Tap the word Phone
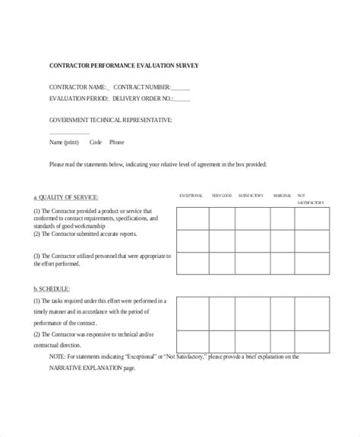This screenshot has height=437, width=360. click(116, 142)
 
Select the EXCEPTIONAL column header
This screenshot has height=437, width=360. click(191, 196)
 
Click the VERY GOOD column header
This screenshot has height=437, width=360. click(222, 196)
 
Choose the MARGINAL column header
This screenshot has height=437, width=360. click(283, 196)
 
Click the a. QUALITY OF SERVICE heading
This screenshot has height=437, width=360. click(65, 196)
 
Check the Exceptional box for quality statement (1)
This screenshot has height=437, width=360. click(192, 220)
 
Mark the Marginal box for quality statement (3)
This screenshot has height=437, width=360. click(285, 264)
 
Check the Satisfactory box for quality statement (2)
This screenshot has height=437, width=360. click(254, 242)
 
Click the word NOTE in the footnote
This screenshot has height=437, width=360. click(60, 357)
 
